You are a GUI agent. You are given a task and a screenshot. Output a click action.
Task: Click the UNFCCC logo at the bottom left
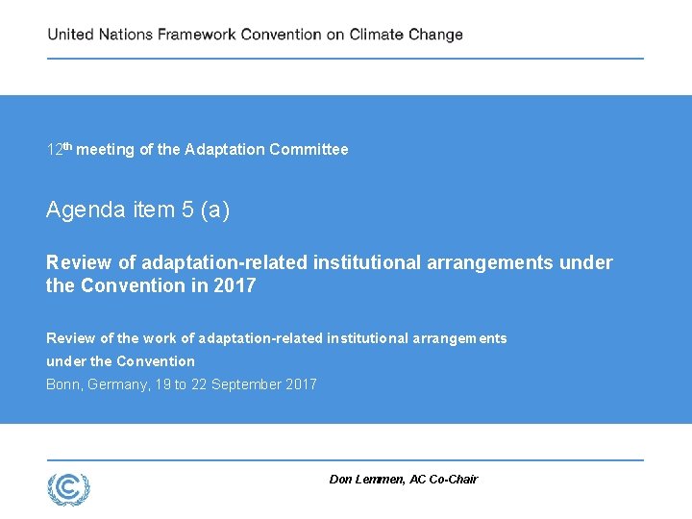pyautogui.click(x=69, y=488)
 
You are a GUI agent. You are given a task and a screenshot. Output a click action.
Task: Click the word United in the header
pyautogui.click(x=71, y=35)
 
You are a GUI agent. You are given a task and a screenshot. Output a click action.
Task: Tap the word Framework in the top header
pyautogui.click(x=196, y=35)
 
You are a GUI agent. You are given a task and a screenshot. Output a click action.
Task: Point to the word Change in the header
pyautogui.click(x=435, y=35)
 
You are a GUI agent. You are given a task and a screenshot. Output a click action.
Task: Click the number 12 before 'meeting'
pyautogui.click(x=55, y=150)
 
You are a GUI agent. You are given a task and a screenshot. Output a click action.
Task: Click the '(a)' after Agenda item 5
pyautogui.click(x=215, y=210)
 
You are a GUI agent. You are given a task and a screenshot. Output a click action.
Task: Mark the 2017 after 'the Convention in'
pyautogui.click(x=235, y=285)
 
